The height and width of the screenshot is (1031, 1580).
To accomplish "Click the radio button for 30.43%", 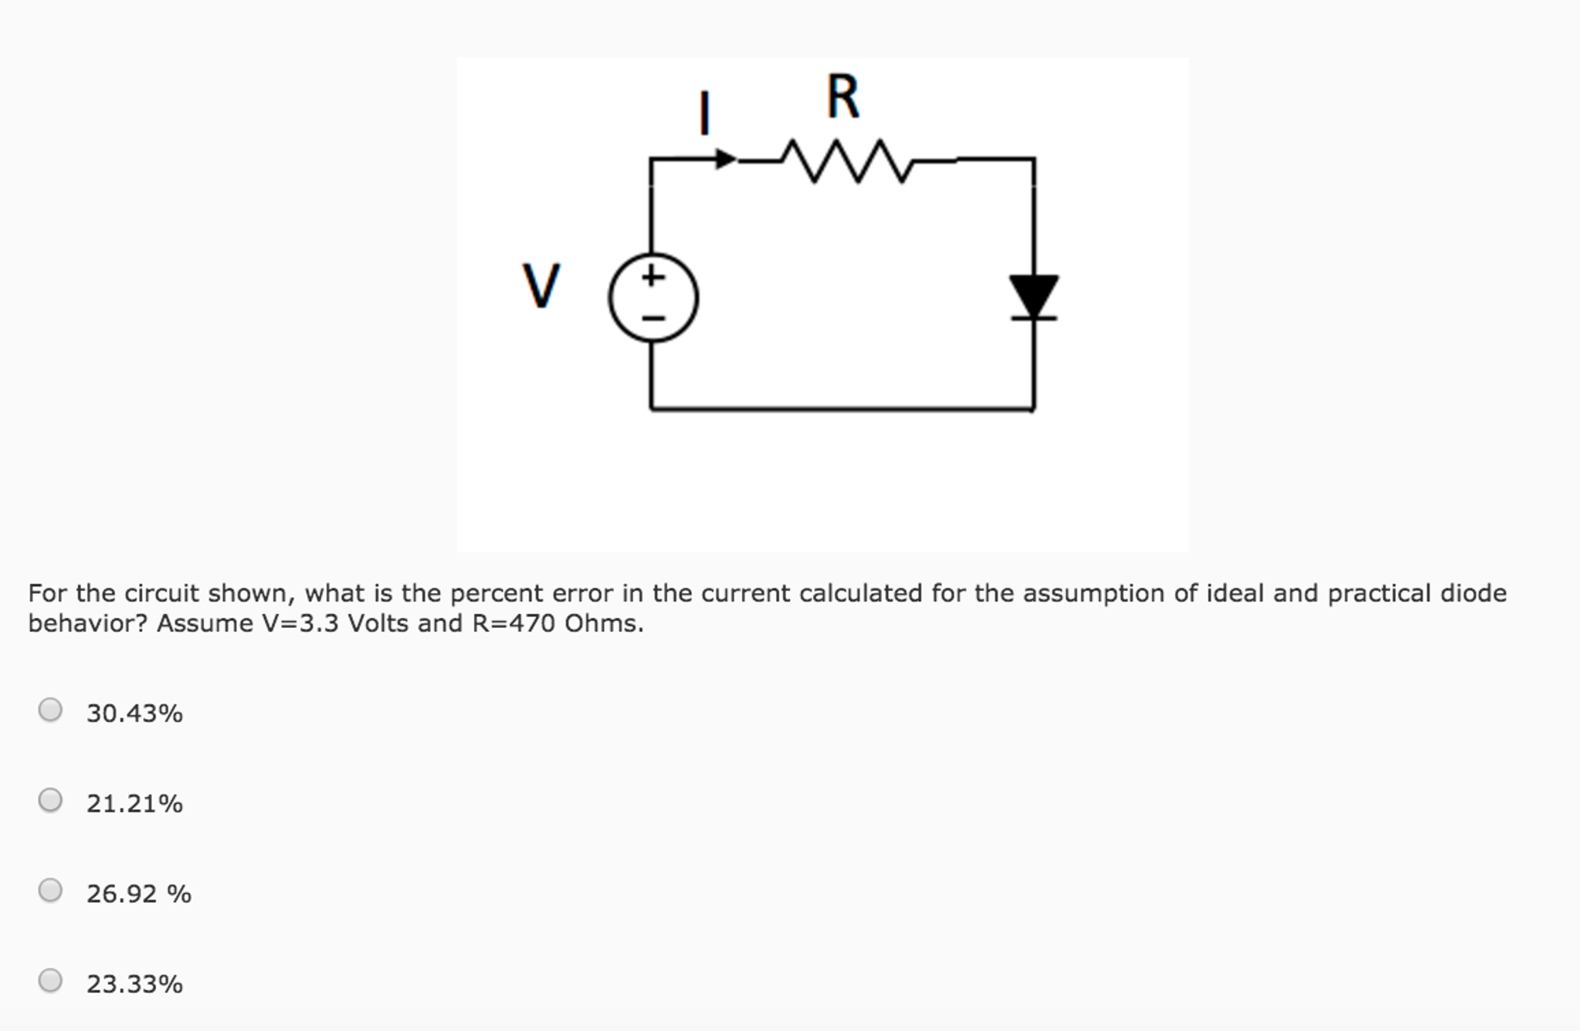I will coord(50,710).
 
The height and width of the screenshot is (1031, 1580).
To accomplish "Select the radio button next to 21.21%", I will coord(50,800).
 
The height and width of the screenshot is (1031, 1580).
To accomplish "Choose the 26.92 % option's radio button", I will coord(50,890).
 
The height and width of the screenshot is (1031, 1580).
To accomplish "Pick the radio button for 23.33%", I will coord(50,981).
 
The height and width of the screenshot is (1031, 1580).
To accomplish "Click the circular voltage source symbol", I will coord(653,298).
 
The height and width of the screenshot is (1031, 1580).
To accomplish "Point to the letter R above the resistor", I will coord(843,97).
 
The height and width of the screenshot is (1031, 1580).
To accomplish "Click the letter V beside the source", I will coord(541,286).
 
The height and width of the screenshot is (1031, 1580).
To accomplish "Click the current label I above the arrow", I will coord(704,113).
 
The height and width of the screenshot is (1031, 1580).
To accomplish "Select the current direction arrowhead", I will coord(726,159).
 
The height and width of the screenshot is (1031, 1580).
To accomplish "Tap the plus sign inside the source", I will coord(653,276).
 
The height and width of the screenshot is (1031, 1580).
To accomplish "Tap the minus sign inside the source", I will coord(653,318).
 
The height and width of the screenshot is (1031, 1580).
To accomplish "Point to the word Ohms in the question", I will coord(602,623).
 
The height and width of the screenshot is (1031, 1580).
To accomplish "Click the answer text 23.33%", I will coord(134,984).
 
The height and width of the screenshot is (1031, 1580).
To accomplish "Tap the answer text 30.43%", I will coord(134,713).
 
